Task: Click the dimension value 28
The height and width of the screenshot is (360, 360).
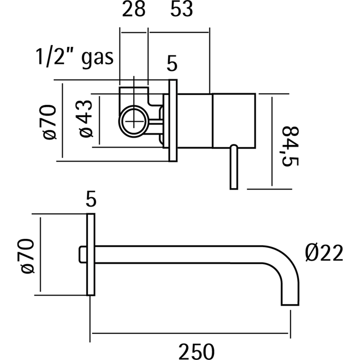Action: point(134,10)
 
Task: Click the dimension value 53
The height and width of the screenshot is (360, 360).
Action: point(181,10)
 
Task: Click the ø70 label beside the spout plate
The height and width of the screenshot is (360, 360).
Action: point(27,256)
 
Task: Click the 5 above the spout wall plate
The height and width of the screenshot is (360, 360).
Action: point(91,200)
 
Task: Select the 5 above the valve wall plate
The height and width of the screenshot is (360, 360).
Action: point(172,65)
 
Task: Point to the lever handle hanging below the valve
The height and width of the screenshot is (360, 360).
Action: point(234,167)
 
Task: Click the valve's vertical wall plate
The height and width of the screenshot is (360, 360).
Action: point(172,121)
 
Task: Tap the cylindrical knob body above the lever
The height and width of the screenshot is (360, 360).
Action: point(234,121)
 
